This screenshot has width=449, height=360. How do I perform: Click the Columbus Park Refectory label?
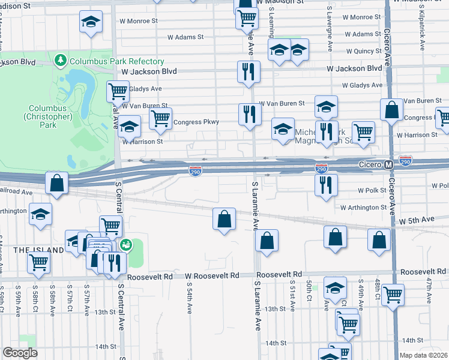(x=116, y=61)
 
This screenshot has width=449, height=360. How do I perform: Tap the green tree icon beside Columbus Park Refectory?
(x=61, y=61)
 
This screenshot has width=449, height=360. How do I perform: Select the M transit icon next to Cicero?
(x=388, y=164)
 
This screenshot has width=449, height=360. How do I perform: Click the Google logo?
(x=20, y=353)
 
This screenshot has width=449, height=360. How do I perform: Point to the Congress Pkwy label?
(x=196, y=122)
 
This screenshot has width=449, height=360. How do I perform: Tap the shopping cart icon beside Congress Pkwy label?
(x=160, y=118)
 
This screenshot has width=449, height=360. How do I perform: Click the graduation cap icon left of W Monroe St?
(x=91, y=22)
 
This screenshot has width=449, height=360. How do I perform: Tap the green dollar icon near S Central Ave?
(x=125, y=244)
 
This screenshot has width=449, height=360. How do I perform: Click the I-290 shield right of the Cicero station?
(x=406, y=161)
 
